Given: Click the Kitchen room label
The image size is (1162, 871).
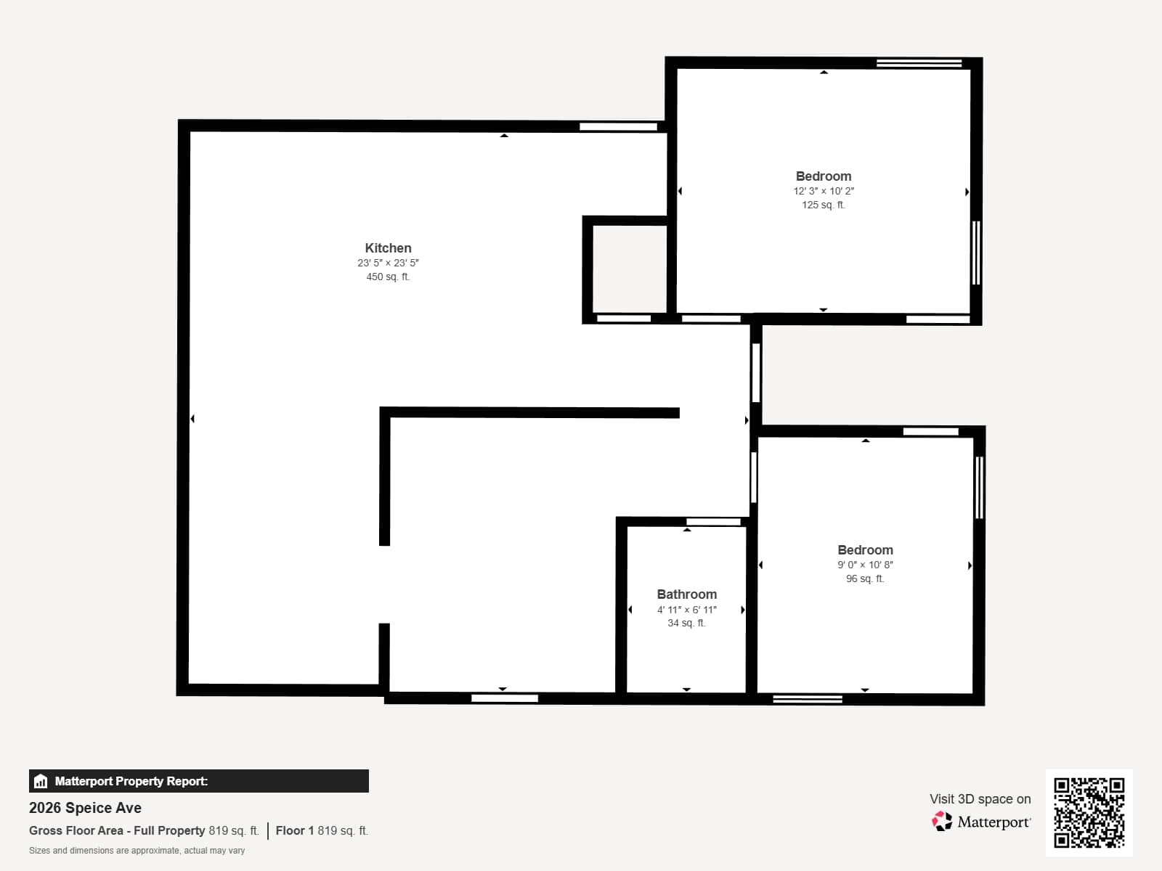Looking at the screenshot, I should [x=388, y=248].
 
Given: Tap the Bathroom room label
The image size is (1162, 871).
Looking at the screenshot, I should [x=686, y=594].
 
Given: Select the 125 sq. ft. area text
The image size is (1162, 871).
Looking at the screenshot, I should [x=823, y=205].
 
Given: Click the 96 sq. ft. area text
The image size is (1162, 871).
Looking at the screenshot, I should [x=864, y=578].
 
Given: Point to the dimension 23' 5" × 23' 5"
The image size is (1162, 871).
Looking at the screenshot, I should [x=388, y=263].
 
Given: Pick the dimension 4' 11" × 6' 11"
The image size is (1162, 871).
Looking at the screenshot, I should [x=686, y=610].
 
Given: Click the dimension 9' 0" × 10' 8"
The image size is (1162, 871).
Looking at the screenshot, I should [x=864, y=565].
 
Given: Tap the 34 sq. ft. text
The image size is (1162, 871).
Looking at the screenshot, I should [x=686, y=623].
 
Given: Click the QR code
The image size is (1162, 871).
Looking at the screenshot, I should [x=1089, y=812].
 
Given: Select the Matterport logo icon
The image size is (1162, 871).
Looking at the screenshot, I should [x=942, y=822].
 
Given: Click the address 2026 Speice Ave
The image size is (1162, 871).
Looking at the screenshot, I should [x=85, y=808].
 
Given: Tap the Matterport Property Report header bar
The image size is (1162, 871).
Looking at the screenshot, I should [x=198, y=781].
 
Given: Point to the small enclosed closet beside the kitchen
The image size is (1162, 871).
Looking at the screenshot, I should [x=629, y=269].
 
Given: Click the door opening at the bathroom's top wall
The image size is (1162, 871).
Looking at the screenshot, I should [x=713, y=522].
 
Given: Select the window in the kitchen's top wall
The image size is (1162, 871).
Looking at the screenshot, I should [x=618, y=127].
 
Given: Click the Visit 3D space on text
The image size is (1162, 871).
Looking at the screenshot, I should [x=980, y=798].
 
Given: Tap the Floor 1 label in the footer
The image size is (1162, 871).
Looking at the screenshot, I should [x=294, y=830].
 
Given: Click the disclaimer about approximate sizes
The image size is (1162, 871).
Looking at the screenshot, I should [x=137, y=851].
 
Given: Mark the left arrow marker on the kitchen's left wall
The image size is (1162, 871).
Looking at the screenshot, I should [x=192, y=419].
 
